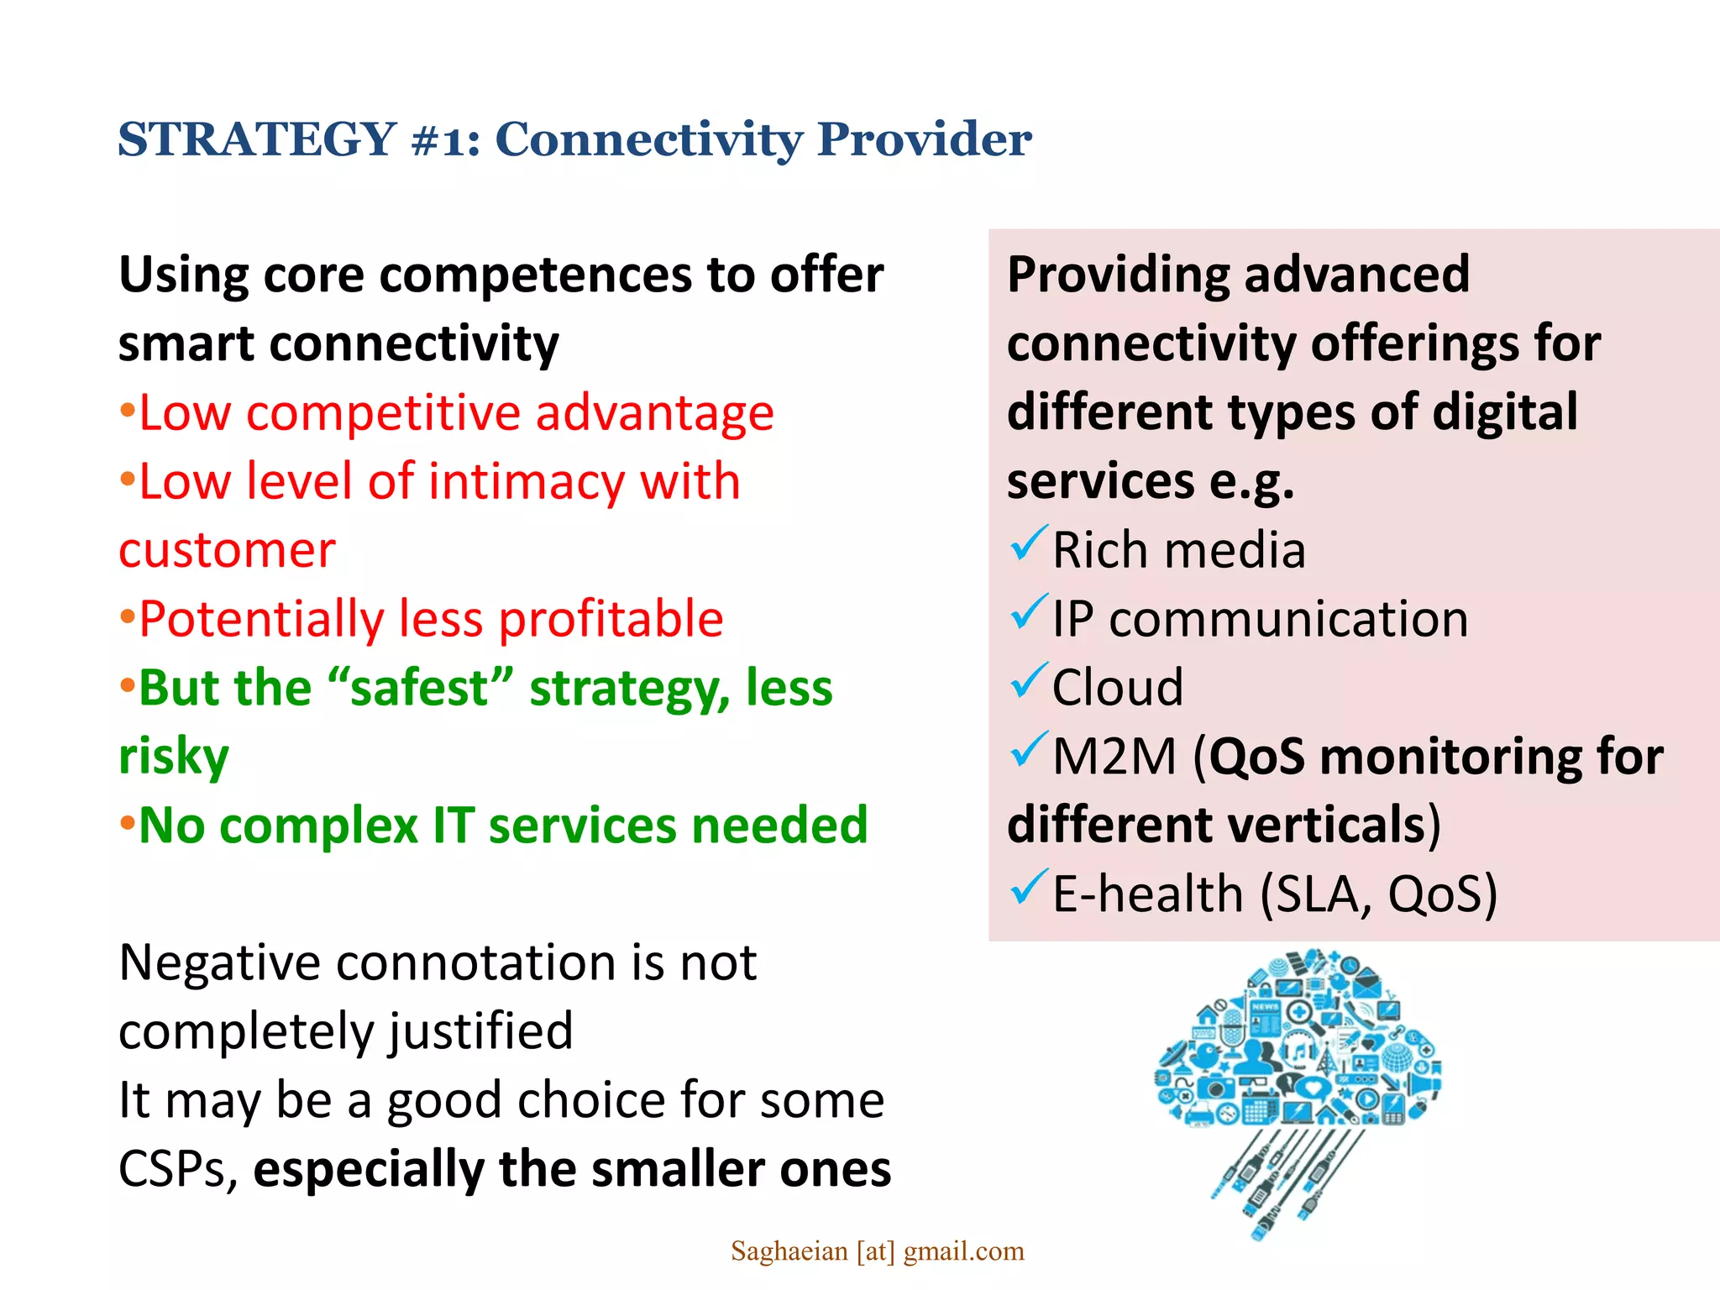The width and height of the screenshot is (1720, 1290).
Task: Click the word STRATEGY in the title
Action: click(257, 139)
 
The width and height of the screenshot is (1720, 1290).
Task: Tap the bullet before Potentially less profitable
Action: click(127, 618)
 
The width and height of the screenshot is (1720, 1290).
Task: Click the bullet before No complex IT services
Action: click(127, 824)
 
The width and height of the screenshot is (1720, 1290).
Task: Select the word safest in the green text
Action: click(420, 688)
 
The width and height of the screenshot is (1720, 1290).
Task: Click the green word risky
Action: click(174, 757)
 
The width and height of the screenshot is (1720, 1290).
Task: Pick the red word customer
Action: click(227, 551)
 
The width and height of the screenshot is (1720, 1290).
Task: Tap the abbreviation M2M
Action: click(1114, 757)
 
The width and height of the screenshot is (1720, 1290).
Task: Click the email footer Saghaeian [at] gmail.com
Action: click(877, 1251)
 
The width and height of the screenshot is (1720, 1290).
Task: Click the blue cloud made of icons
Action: click(1298, 1041)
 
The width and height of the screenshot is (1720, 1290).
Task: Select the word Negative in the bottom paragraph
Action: click(220, 962)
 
